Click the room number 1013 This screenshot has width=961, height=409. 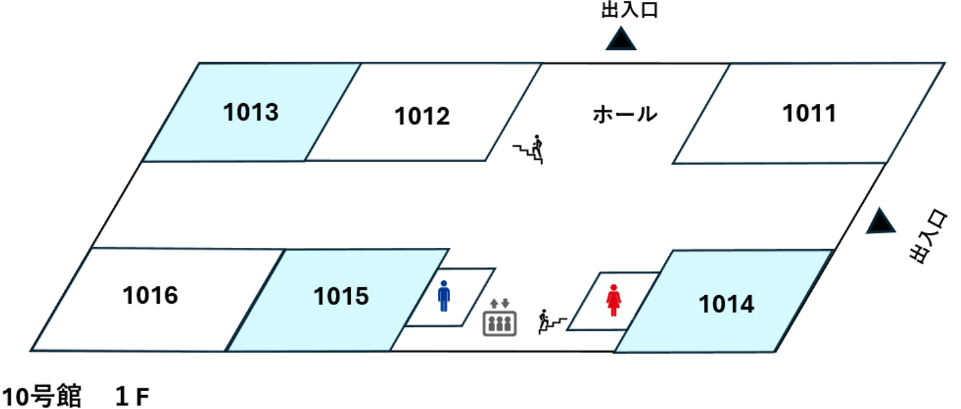click(x=250, y=112)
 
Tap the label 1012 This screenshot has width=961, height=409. click(x=422, y=116)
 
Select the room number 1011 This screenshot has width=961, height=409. click(x=809, y=113)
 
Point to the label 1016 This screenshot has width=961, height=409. click(x=150, y=294)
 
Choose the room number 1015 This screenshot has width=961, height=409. click(x=341, y=296)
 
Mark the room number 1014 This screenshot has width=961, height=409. click(x=726, y=304)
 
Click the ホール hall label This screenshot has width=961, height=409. click(x=624, y=115)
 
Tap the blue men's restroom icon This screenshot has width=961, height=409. click(x=444, y=296)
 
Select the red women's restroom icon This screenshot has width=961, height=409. click(x=613, y=301)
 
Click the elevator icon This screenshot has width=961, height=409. click(x=499, y=320)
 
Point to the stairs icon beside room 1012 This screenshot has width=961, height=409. click(x=530, y=150)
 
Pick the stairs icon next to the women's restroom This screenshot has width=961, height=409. click(x=552, y=321)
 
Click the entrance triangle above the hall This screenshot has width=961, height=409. click(x=621, y=39)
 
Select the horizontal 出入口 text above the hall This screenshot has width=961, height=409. click(x=629, y=11)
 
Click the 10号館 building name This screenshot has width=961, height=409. click(x=41, y=398)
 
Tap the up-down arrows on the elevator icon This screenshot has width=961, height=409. click(x=499, y=305)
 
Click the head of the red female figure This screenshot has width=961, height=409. click(x=613, y=288)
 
